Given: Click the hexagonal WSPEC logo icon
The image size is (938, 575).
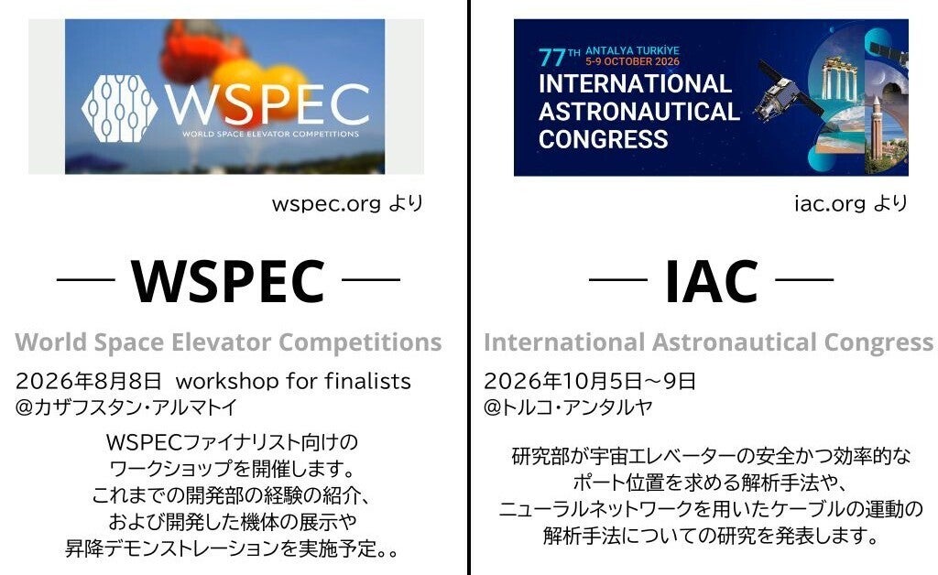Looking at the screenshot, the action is pyautogui.click(x=120, y=108).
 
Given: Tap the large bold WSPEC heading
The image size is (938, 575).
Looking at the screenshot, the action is pyautogui.click(x=228, y=282).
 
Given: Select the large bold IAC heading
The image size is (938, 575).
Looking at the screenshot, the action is pyautogui.click(x=711, y=282).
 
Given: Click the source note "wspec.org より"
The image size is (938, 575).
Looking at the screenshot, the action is pyautogui.click(x=347, y=204).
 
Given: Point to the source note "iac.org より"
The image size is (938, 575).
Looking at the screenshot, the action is pyautogui.click(x=851, y=204).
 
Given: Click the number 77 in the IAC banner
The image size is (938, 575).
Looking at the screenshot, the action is pyautogui.click(x=551, y=58).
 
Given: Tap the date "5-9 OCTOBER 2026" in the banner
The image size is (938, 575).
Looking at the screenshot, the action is pyautogui.click(x=632, y=61).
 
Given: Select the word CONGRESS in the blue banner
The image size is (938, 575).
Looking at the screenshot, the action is pyautogui.click(x=603, y=139).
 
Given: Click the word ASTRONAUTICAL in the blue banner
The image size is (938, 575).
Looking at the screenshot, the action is pyautogui.click(x=638, y=112).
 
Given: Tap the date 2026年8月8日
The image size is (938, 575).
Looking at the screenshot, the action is pyautogui.click(x=89, y=381).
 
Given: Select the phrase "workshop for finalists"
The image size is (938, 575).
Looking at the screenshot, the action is pyautogui.click(x=293, y=381).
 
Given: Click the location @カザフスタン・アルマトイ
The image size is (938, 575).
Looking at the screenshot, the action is pyautogui.click(x=126, y=407).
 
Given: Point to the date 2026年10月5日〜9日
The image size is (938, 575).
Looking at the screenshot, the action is pyautogui.click(x=590, y=381).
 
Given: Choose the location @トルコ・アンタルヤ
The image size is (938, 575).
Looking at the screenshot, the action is pyautogui.click(x=568, y=407).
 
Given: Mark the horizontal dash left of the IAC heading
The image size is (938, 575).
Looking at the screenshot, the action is pyautogui.click(x=618, y=279).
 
